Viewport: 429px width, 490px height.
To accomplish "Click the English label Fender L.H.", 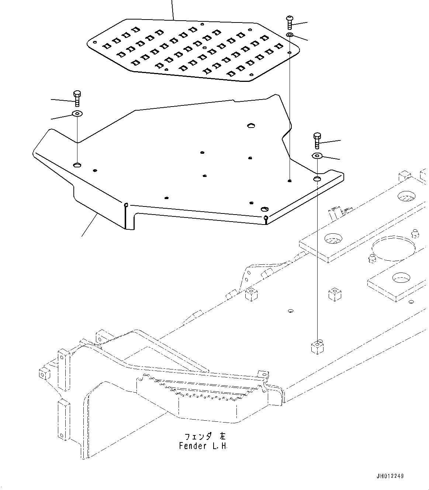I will tap(203, 446).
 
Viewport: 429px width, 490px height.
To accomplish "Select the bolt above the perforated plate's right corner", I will tap(289, 22).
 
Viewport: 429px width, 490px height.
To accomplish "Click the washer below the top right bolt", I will tap(290, 35).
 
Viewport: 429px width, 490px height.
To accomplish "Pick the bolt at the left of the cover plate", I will tap(77, 98).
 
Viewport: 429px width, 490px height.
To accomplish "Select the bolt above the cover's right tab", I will tap(317, 140).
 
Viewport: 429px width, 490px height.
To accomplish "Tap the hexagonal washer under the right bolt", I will tap(317, 156).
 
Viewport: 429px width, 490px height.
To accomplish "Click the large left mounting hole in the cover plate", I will tap(77, 164).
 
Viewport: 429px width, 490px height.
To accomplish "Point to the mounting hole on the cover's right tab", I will tap(317, 179).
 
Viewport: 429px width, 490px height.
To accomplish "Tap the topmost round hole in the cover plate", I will tap(251, 126).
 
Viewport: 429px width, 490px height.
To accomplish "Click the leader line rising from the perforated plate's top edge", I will tap(173, 9).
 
